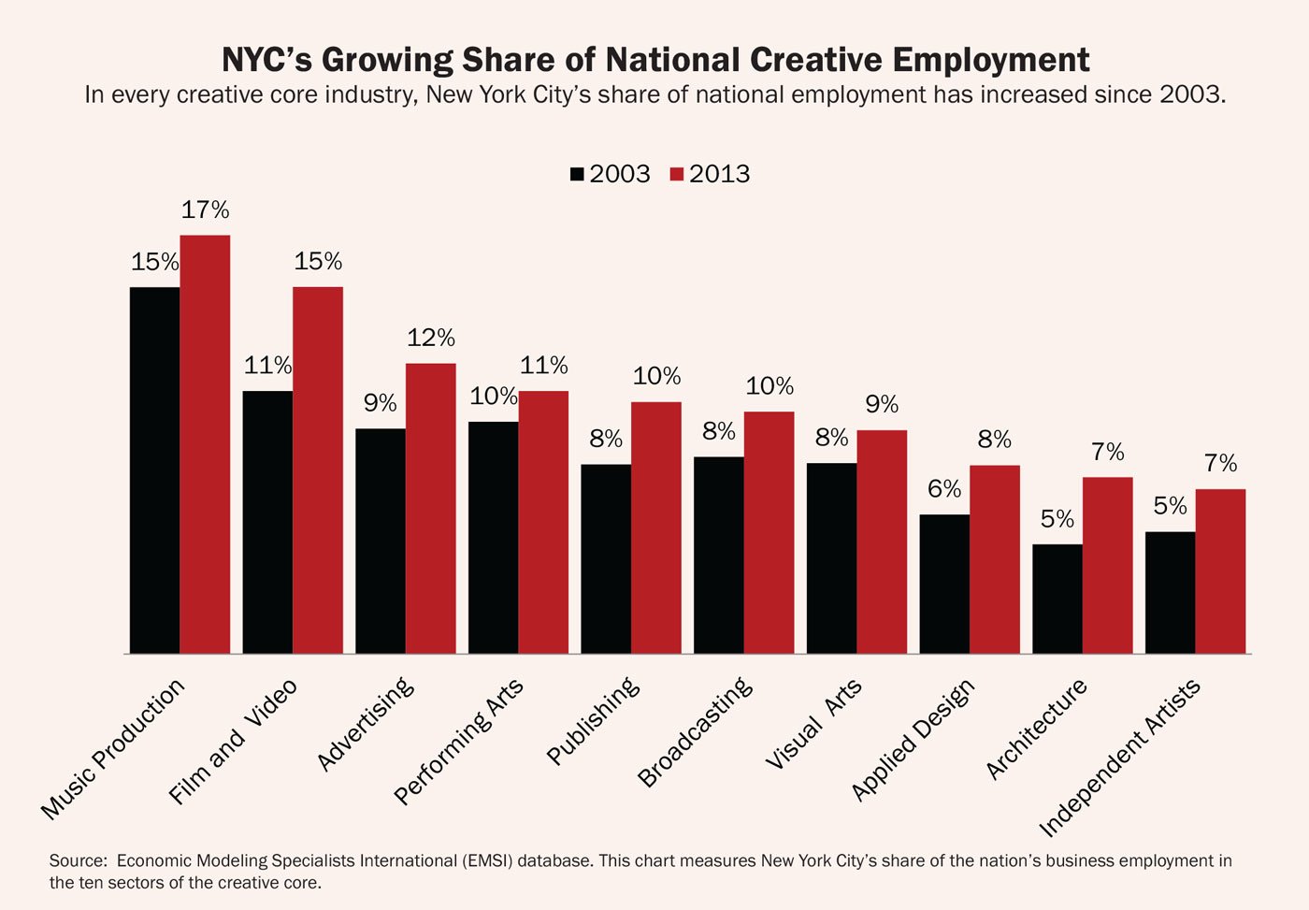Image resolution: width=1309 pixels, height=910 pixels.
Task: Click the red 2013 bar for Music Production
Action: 205,444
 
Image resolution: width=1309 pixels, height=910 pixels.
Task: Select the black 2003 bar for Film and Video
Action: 267,522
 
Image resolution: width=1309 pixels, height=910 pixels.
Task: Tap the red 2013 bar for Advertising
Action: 430,508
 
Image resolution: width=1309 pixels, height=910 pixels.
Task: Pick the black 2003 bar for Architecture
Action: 1057,599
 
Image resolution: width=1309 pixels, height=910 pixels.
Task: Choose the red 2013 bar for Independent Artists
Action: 1220,571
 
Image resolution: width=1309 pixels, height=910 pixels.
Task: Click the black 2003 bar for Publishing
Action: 606,558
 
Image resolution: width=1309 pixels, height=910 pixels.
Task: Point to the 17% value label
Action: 205,210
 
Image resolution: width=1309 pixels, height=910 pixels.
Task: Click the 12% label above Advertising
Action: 430,338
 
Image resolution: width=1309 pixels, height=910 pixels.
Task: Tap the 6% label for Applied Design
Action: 944,489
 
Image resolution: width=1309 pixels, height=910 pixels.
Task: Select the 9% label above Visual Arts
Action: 882,404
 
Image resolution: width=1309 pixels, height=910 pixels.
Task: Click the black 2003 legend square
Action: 577,175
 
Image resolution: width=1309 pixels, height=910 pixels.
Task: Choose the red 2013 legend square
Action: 678,175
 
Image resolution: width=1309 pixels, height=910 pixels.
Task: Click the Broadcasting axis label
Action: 695,731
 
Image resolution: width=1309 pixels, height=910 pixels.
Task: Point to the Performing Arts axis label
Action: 458,742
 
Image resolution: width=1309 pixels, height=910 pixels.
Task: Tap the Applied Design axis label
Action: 913,739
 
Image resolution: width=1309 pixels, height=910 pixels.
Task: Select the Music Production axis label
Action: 113,749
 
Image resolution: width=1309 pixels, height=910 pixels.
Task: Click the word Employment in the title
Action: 990,60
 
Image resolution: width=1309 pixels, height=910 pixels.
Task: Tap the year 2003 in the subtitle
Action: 1189,95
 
